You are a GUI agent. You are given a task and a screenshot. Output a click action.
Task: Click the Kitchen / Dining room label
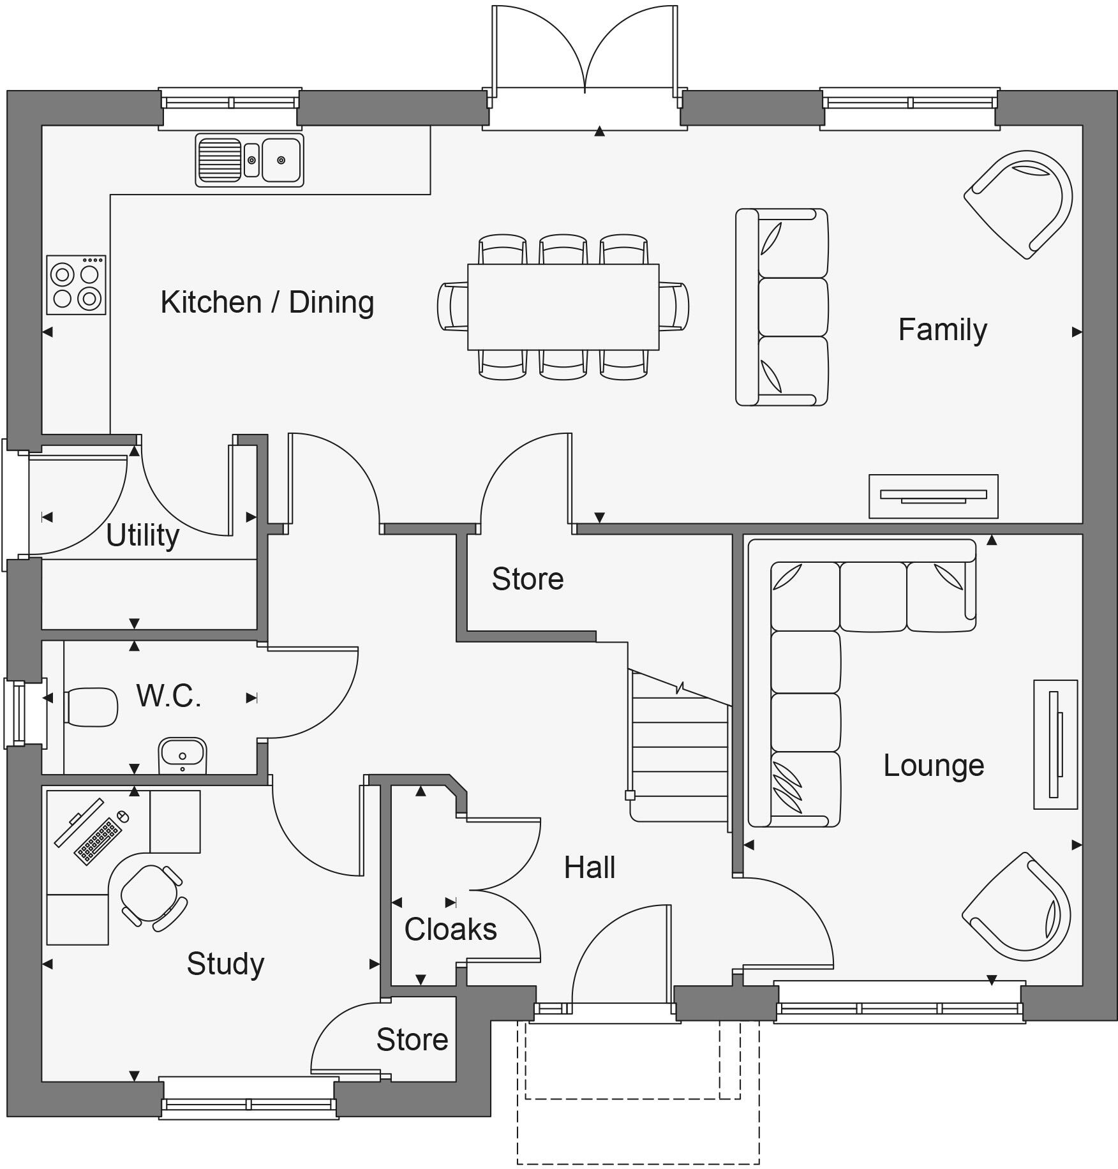tap(267, 302)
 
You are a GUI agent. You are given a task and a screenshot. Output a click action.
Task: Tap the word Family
tap(942, 330)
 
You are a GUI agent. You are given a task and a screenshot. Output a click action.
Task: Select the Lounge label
tap(933, 765)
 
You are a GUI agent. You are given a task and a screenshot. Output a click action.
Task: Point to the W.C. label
tap(168, 696)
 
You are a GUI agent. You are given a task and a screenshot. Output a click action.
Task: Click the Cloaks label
tap(451, 930)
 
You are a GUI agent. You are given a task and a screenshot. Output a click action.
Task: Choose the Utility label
tap(142, 535)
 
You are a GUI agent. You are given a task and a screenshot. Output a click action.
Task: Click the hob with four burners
tap(76, 285)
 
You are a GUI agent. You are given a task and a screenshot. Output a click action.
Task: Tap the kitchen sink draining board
tap(220, 160)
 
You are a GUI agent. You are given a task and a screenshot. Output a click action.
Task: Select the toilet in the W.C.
tap(91, 707)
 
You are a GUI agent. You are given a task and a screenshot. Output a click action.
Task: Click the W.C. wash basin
tap(183, 755)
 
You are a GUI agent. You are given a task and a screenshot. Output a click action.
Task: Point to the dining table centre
tap(563, 307)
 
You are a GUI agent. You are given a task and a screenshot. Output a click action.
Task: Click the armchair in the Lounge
tap(1017, 907)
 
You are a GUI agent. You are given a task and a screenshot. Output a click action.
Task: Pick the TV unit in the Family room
tap(933, 496)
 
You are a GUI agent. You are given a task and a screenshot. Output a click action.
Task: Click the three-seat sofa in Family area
tap(782, 307)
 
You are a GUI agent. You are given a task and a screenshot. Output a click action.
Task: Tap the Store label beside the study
tap(412, 1040)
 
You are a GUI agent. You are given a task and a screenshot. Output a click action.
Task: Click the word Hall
tap(589, 868)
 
